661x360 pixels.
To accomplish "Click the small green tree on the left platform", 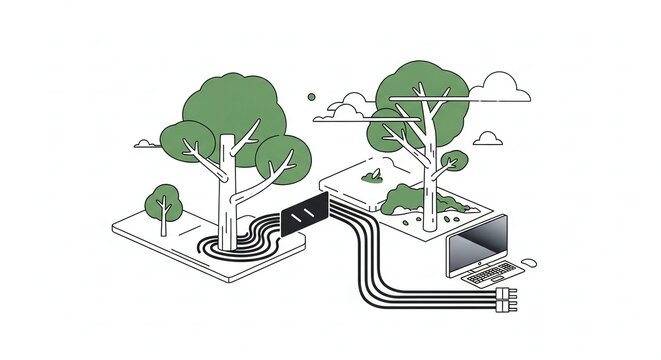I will click(162, 201).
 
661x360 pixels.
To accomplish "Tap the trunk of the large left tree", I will click(229, 195).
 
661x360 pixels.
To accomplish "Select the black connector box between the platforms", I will click(306, 212).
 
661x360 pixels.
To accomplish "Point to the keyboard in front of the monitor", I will click(491, 273).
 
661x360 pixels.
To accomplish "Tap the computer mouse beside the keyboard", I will click(529, 263).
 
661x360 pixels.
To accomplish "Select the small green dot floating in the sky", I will click(311, 97).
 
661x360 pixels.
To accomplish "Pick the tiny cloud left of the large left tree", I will click(146, 143).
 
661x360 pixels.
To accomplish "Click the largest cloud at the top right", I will click(500, 90).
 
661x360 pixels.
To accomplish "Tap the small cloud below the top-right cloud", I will click(488, 137).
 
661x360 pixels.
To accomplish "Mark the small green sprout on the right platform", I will click(373, 176).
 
